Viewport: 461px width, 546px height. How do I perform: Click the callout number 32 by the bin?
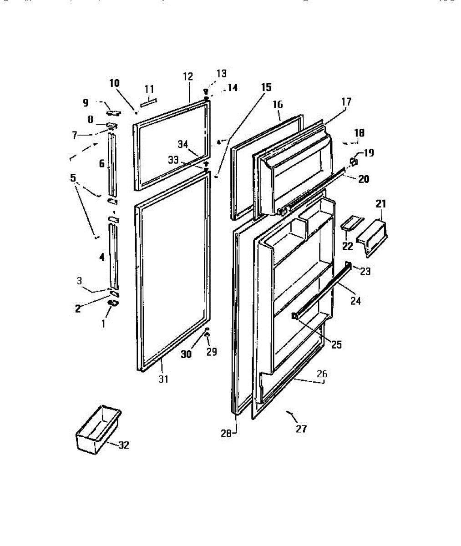pos(124,445)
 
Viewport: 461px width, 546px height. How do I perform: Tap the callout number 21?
pos(380,204)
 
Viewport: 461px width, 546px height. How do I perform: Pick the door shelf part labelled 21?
pos(372,236)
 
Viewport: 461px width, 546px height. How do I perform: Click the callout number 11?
pos(149,89)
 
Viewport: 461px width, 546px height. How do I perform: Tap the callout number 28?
pos(226,433)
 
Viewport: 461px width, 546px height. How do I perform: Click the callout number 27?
pos(301,428)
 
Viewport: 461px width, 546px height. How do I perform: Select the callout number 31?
pos(163,379)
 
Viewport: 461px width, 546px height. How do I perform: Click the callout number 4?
pos(101,257)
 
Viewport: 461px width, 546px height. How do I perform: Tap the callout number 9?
pos(86,103)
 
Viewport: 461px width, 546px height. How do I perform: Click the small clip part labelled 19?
pos(353,161)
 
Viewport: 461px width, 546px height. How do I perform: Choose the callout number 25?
pos(336,344)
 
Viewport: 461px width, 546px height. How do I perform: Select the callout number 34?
pos(183,144)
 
